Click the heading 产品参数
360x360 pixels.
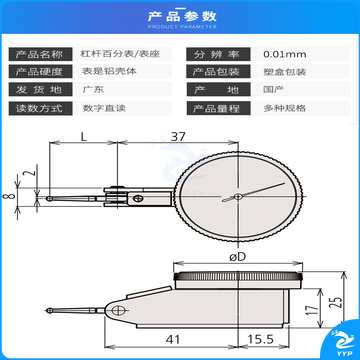pyautogui.click(x=180, y=15)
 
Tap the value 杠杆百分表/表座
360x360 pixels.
pyautogui.click(x=110, y=54)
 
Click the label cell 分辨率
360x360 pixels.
pyautogui.click(x=216, y=54)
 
